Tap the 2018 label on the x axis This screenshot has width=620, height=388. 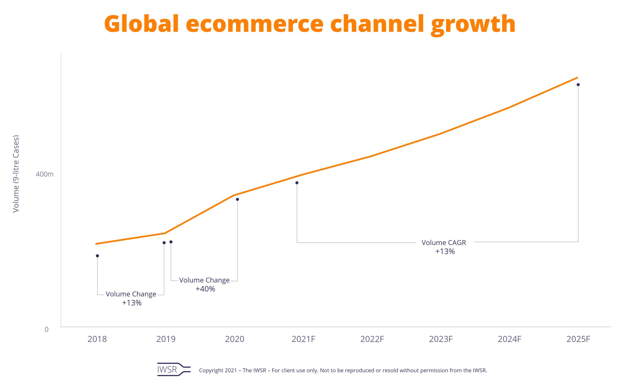click(x=97, y=339)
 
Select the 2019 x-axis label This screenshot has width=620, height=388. click(x=166, y=339)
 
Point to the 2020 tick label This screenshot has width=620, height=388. click(x=235, y=339)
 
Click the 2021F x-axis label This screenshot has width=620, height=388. click(x=303, y=339)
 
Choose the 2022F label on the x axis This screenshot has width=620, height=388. click(x=372, y=339)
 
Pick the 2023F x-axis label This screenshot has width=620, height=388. click(x=441, y=339)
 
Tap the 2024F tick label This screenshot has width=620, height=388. click(x=510, y=339)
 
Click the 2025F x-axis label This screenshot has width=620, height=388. click(x=578, y=339)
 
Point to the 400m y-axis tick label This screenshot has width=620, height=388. click(x=45, y=174)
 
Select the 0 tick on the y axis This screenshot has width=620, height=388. click(x=46, y=329)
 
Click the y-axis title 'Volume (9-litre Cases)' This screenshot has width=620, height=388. click(x=16, y=174)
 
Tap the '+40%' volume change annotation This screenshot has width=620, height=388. click(x=205, y=289)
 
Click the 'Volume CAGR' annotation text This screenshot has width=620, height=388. click(x=444, y=243)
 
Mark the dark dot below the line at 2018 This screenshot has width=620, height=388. click(x=97, y=256)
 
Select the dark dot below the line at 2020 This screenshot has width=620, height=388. click(x=238, y=199)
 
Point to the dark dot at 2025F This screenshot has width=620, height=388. click(x=578, y=85)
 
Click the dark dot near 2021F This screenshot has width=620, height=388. click(x=297, y=183)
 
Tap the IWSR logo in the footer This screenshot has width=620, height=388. click(x=174, y=370)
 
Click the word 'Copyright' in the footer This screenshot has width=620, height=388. click(x=211, y=371)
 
